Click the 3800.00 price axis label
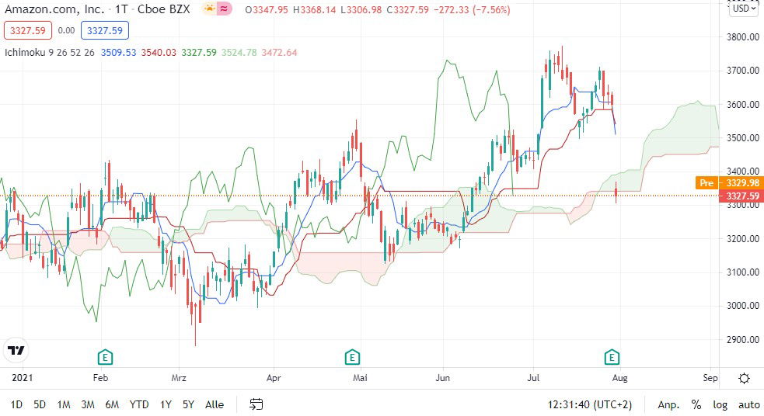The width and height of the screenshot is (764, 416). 743,36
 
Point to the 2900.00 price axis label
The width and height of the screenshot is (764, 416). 743,339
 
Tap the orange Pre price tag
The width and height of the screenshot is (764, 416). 706,183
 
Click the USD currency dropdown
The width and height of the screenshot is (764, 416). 743,9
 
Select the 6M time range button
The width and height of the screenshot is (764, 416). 112,404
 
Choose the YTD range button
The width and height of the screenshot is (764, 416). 139,404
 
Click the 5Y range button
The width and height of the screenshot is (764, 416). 188,404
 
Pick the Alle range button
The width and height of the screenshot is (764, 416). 215,404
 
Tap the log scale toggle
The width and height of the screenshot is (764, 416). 720,404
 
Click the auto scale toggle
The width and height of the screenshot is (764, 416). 748,404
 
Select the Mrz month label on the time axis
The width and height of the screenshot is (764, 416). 180,379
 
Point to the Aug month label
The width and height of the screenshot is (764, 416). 619,379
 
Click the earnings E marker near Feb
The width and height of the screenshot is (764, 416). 105,357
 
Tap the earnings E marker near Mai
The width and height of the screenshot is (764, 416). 352,357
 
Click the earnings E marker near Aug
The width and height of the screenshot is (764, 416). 612,357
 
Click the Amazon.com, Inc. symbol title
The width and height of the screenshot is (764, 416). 54,9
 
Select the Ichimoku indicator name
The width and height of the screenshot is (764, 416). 25,53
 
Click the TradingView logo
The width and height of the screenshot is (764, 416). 16,351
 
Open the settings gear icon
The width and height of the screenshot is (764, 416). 744,379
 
